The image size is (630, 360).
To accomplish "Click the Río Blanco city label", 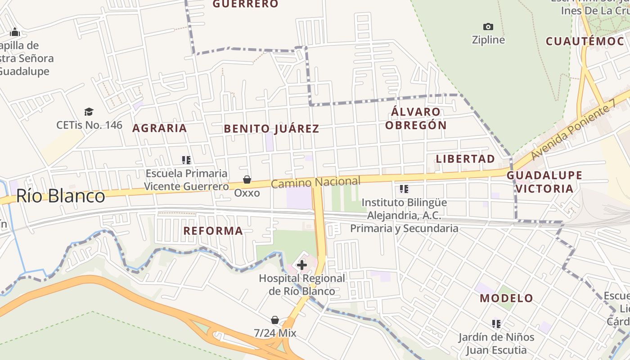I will pos(61,196).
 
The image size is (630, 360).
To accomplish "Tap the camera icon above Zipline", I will pos(488,27).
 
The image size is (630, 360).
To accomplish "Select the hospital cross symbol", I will pos(302,265).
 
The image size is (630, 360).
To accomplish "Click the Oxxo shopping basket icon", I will pos(247,180).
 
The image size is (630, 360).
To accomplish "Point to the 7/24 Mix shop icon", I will pos(275,320).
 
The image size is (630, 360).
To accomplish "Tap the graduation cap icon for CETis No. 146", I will pos(89,112).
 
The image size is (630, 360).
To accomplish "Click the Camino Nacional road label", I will pos(315,182).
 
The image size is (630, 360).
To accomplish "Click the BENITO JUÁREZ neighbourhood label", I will pos(271,129).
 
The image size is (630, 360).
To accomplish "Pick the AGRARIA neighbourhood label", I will pos(160,128).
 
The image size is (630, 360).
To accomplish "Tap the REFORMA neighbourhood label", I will pos(213,231).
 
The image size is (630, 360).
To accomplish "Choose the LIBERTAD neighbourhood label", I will pos(465,159).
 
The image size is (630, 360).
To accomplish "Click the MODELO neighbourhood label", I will pos(506,298).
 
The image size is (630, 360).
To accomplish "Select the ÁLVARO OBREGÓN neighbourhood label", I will pos(416,118).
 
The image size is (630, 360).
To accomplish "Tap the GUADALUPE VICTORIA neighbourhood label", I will pos(544,182).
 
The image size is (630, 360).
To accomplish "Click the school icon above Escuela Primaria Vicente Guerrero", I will pos(186,160).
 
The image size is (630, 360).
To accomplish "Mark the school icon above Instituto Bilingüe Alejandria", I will pos(404,189).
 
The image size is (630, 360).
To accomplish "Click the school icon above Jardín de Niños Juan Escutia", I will pos(496,324).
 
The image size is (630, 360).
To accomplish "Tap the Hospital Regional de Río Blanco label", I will pos(302,285).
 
